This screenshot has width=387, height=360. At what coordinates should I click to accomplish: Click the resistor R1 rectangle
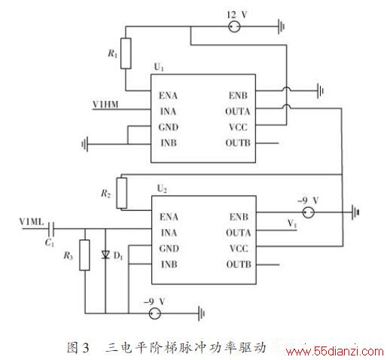[x=126, y=53]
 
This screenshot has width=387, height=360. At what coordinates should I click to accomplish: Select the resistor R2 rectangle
[x=122, y=193]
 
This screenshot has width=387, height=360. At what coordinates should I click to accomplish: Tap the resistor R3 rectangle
[x=84, y=255]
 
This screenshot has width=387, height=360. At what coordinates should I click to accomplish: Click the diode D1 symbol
[x=105, y=255]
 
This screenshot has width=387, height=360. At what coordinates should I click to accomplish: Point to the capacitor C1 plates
[x=51, y=229]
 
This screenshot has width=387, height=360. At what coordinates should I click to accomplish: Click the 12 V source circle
[x=234, y=26]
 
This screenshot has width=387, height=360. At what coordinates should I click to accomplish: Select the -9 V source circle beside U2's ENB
[x=308, y=212]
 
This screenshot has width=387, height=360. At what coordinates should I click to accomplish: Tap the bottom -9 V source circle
[x=154, y=313]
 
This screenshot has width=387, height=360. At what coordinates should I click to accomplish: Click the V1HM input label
[x=105, y=104]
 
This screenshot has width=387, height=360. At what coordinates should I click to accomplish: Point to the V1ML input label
[x=32, y=221]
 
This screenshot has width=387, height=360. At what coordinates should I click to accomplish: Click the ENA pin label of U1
[x=168, y=96]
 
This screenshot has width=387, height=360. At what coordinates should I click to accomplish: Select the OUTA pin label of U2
[x=239, y=233]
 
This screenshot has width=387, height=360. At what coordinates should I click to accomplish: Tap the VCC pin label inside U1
[x=238, y=127]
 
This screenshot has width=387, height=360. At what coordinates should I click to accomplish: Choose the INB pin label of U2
[x=169, y=264]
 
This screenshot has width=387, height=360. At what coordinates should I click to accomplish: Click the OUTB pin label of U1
[x=238, y=143]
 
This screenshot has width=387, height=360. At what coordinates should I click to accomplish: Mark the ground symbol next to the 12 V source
[x=281, y=26]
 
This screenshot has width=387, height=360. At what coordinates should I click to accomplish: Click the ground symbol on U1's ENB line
[x=320, y=90]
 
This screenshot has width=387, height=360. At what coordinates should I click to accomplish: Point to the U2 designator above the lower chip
[x=162, y=188]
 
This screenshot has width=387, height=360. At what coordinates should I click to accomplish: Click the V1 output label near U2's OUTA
[x=292, y=223]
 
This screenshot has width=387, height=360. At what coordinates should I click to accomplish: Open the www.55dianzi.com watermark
[x=335, y=351]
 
